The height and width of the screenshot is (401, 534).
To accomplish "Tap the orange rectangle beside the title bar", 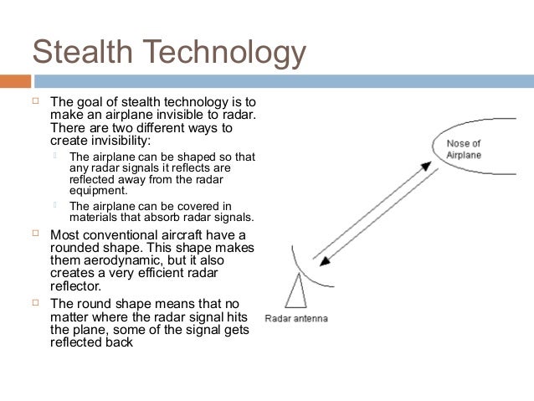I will [15, 82].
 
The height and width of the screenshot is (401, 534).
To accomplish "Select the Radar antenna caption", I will [296, 318].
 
